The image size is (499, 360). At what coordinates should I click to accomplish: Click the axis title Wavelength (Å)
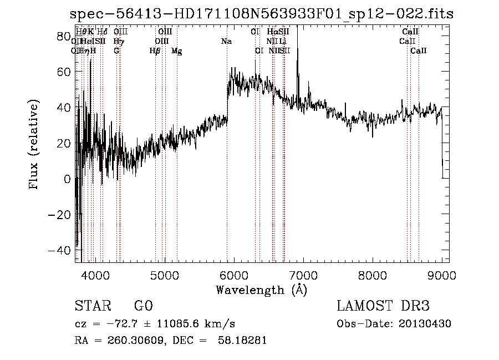(261, 289)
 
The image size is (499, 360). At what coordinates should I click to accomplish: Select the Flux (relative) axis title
(35, 145)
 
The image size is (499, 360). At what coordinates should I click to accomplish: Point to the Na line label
(226, 41)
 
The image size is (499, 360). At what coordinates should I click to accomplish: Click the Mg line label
(177, 51)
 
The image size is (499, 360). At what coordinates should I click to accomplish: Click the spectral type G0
(143, 306)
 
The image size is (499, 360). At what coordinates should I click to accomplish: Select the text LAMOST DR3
(383, 306)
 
